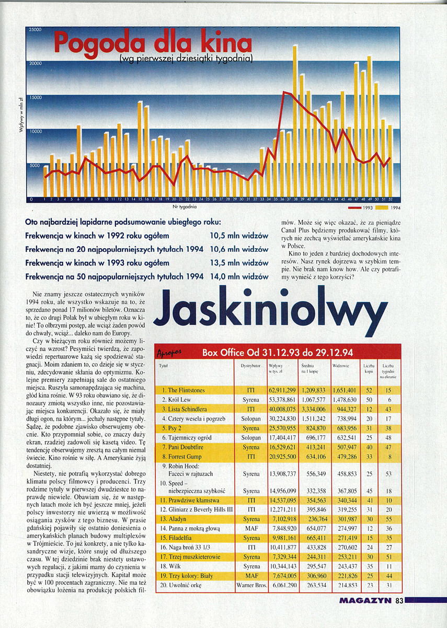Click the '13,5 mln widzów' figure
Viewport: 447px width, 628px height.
(x=239, y=263)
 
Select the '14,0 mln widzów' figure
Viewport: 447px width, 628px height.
(x=239, y=276)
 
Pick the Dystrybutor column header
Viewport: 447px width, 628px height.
(x=251, y=366)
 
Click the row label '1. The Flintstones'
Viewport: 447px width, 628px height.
(x=183, y=390)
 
